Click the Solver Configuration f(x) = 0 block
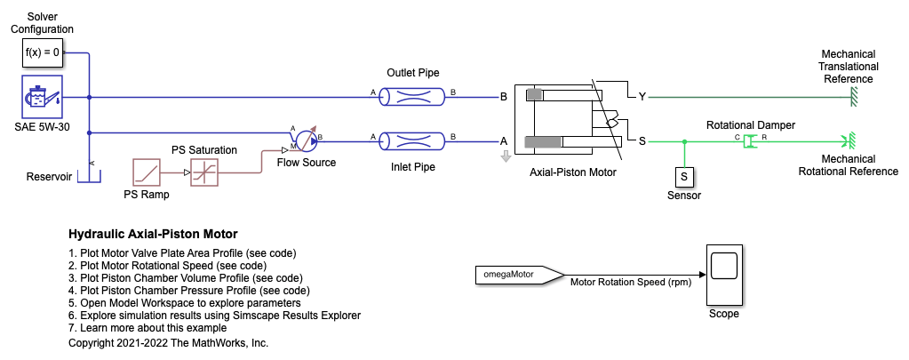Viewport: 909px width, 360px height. click(x=43, y=52)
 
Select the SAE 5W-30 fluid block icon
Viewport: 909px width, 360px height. click(x=43, y=98)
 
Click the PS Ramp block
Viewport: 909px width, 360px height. click(x=145, y=172)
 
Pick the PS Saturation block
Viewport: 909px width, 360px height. click(x=204, y=172)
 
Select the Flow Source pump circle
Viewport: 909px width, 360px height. click(x=305, y=139)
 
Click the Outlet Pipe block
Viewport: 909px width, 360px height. click(x=413, y=97)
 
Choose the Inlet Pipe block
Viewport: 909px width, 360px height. click(x=413, y=140)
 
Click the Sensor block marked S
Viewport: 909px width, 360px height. click(x=684, y=178)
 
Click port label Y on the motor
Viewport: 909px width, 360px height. click(x=640, y=97)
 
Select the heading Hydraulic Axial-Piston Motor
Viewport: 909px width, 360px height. click(x=153, y=235)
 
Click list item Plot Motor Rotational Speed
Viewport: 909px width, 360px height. click(x=167, y=265)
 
